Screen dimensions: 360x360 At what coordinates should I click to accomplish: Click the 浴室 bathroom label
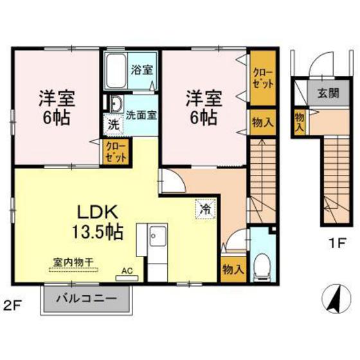point(143,69)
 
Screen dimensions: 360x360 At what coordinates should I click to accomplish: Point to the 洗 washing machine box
point(113,122)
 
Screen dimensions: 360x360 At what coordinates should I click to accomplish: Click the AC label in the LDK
point(128,272)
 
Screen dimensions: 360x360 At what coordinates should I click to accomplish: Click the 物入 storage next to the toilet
point(232,268)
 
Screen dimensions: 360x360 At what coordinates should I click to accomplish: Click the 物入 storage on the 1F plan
point(300,122)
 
